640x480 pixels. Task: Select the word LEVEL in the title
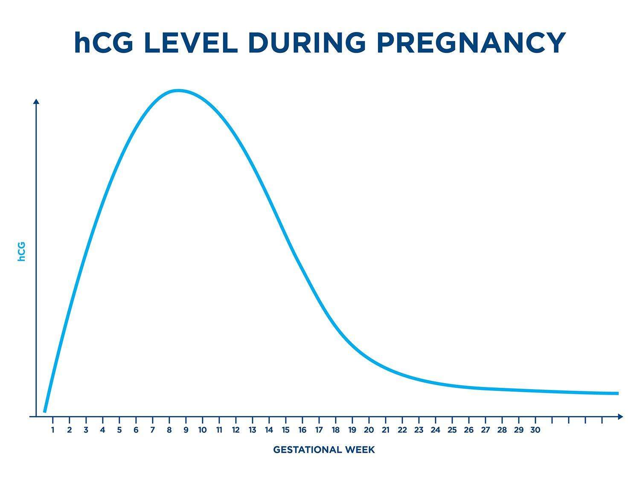[x=191, y=43]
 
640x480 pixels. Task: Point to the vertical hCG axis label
[x=21, y=252]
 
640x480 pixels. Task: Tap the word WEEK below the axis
[x=360, y=450]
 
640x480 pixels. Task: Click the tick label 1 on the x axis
[x=53, y=430]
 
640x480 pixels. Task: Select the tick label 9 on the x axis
[x=186, y=430]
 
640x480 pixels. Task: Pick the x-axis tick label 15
[x=285, y=430]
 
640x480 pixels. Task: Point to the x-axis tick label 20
[x=369, y=430]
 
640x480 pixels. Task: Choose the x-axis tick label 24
[x=435, y=430]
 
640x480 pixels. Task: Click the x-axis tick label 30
[x=535, y=430]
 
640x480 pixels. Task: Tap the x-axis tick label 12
[x=236, y=430]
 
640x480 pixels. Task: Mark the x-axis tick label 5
[x=119, y=430]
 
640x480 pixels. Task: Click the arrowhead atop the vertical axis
[x=36, y=101]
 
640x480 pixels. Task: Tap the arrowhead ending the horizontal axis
[x=620, y=416]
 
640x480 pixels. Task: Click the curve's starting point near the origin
[x=45, y=411]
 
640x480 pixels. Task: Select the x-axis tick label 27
[x=485, y=430]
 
